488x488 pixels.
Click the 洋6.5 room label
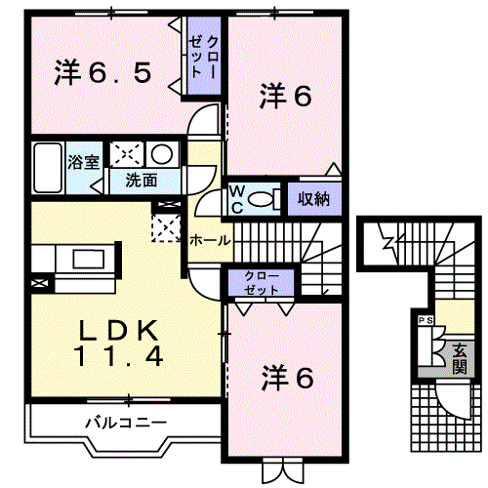(102, 72)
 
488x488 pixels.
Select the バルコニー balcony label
(125, 423)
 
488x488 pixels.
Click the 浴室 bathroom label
(82, 161)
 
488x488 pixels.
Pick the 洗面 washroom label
(140, 180)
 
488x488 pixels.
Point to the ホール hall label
(210, 239)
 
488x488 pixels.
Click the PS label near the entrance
(425, 320)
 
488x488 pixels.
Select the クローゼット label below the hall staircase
(261, 283)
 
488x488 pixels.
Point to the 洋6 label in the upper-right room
(285, 96)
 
